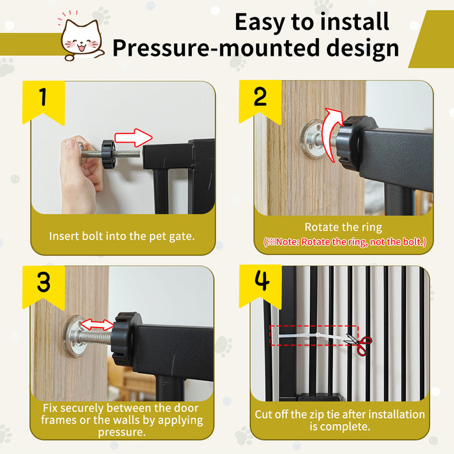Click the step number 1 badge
point(43,99)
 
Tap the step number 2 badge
point(260,98)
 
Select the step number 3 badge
point(43,283)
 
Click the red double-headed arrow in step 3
point(101,324)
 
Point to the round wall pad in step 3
point(77,336)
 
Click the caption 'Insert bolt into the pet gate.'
point(122,236)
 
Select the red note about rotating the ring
point(344,242)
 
